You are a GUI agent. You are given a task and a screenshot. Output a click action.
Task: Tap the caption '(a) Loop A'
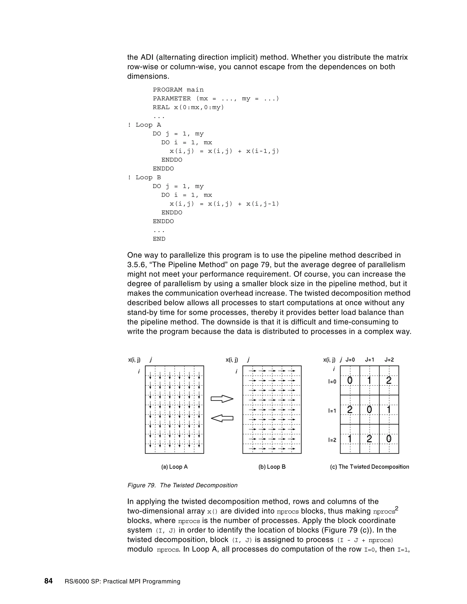(x=175, y=467)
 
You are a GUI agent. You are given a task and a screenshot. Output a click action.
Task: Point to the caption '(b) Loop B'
(x=272, y=467)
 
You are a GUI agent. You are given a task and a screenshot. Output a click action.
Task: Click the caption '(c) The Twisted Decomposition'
(x=369, y=467)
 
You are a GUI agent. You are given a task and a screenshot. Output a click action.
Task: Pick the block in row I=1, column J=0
(x=350, y=410)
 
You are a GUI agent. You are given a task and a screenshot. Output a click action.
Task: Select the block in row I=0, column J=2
(x=389, y=381)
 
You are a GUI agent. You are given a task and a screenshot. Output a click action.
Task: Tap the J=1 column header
(x=369, y=360)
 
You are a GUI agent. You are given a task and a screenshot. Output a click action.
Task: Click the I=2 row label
(x=332, y=440)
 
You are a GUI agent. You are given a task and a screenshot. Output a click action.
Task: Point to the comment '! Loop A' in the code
(x=144, y=125)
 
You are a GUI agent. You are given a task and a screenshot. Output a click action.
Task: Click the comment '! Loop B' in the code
(x=144, y=178)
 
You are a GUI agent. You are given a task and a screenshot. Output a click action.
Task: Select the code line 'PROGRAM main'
(x=178, y=90)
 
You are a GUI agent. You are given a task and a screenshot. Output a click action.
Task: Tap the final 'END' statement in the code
(x=159, y=239)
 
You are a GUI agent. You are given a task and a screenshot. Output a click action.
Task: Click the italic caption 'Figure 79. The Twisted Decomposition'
(x=182, y=485)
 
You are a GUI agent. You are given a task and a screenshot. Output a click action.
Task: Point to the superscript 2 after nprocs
(x=397, y=508)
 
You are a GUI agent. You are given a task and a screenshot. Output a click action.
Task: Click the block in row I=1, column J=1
(x=369, y=410)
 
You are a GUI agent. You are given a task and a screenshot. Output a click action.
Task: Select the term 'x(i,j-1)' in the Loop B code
(x=262, y=204)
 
